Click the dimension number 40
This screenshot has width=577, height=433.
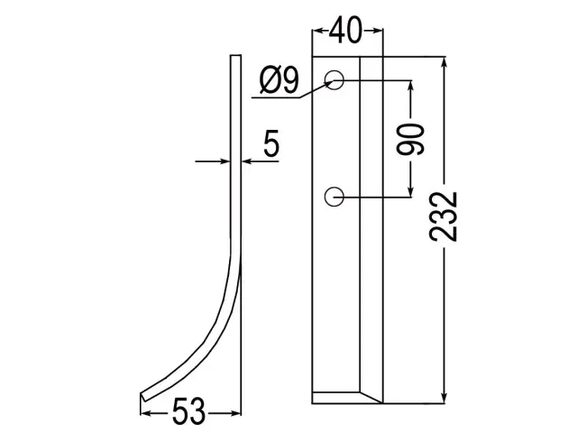[x=345, y=31]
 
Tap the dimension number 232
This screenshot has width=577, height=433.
[x=444, y=216]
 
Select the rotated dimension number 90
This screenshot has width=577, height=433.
[x=410, y=139]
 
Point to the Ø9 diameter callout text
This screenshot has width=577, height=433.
[x=279, y=80]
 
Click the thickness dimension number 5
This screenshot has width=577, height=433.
[x=271, y=143]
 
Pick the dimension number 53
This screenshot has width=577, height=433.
[x=188, y=411]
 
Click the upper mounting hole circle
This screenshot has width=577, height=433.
[x=334, y=80]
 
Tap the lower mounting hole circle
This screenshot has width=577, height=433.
[x=334, y=197]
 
